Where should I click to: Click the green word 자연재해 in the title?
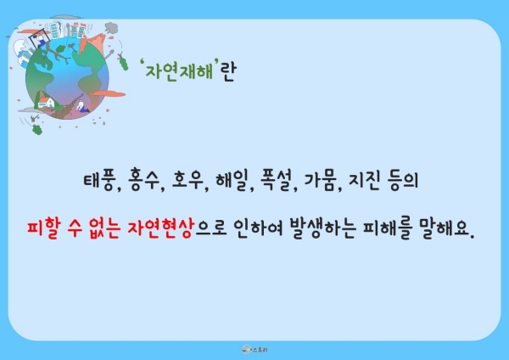point(180,70)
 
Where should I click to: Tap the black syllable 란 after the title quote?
point(228,71)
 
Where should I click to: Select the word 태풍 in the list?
point(99,180)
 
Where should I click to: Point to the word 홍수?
point(144,179)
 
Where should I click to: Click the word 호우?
point(187,180)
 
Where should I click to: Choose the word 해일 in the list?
point(232,180)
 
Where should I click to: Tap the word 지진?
point(364,180)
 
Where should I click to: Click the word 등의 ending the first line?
point(403,180)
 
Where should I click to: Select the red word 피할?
point(44,228)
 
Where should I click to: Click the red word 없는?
point(104,228)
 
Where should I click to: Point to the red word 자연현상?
point(160,228)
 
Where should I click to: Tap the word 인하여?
point(258,228)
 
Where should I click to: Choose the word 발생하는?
point(323,228)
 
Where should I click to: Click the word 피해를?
point(388,228)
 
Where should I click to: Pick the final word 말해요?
point(447,228)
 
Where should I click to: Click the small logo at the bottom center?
point(255,349)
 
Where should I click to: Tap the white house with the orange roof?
point(46,103)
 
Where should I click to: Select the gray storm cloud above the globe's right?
point(112,28)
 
